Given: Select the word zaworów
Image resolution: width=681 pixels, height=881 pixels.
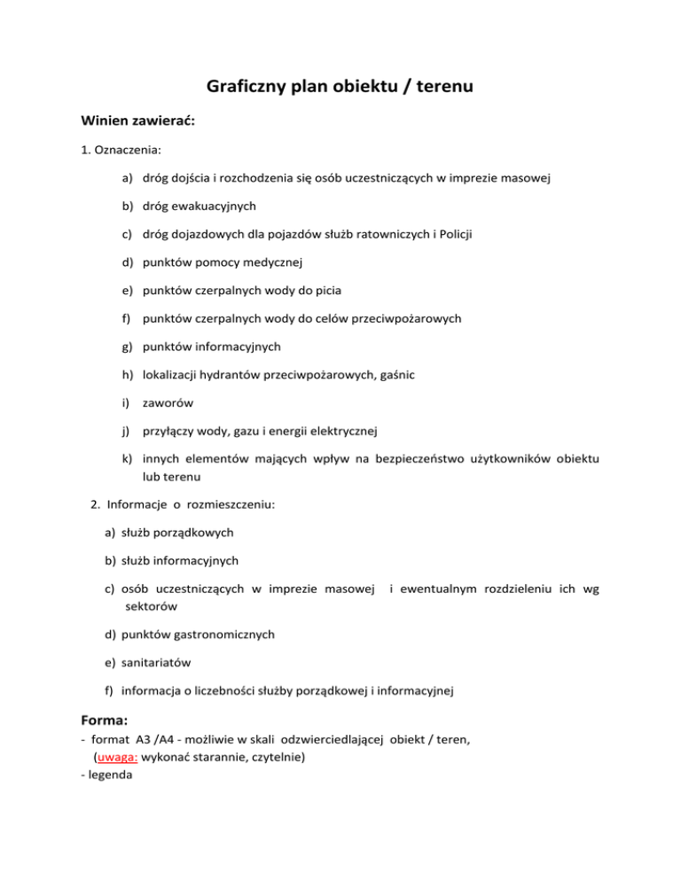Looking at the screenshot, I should pos(168,402).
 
